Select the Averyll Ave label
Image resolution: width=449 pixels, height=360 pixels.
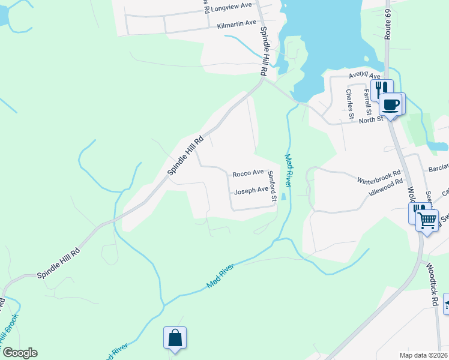click(365, 76)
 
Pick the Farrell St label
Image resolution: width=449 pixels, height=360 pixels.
click(367, 100)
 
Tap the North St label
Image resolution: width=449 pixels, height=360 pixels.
click(370, 120)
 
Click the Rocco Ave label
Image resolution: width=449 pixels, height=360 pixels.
click(248, 173)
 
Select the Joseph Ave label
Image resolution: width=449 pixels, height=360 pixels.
click(251, 191)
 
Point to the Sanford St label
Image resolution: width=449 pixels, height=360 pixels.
click(272, 186)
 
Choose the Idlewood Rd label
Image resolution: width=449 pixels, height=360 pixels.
click(385, 189)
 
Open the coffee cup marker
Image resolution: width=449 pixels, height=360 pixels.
click(391, 105)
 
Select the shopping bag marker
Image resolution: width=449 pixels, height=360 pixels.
click(175, 338)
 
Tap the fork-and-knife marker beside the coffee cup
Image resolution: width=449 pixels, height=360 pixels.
click(380, 89)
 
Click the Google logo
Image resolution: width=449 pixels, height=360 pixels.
click(19, 353)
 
